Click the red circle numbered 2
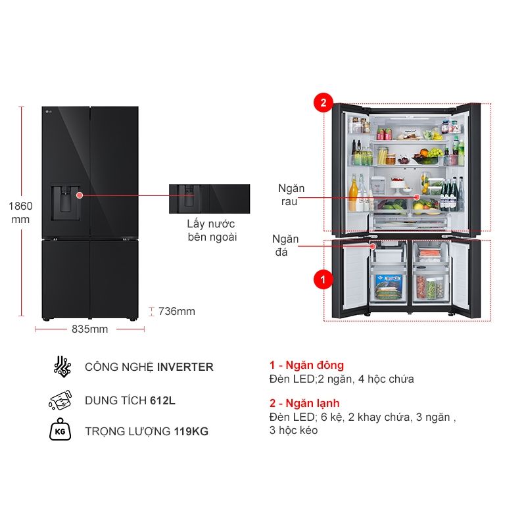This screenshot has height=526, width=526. pos(323,103)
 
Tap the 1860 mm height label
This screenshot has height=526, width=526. pos(20,212)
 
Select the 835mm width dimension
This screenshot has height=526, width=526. pos(89,329)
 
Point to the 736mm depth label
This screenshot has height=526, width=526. pos(177,312)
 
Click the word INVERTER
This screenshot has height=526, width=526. pos(185,367)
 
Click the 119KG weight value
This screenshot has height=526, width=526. pos(191,431)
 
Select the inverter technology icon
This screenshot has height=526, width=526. pos(61,367)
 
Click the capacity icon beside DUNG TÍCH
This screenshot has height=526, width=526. pos(60,400)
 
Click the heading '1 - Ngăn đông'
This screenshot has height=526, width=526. pos(306,365)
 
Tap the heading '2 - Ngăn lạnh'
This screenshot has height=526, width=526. pos(304,403)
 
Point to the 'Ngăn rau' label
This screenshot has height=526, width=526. pos(289,195)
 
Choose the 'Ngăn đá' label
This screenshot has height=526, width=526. pos(286,245)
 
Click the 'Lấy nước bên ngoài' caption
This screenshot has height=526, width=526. pos(212,230)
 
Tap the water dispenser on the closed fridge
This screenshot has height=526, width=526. pos(66,201)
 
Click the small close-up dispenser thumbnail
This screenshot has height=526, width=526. pos(209,199)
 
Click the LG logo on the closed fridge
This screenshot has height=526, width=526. pos(48,112)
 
